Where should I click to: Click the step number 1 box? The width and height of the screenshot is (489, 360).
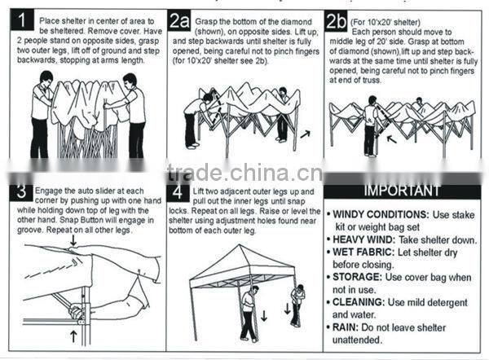[22, 20]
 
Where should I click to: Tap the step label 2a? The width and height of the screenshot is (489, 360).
[179, 21]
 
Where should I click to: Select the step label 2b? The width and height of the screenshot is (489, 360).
[336, 21]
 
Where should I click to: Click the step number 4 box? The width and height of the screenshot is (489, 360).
[178, 192]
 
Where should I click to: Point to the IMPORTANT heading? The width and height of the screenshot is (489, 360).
[403, 191]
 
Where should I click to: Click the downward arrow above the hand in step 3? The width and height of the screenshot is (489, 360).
[73, 240]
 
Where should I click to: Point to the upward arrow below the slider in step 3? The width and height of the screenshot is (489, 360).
[73, 336]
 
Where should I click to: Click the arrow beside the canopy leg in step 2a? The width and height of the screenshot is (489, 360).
[306, 134]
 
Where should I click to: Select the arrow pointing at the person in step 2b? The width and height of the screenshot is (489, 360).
[392, 138]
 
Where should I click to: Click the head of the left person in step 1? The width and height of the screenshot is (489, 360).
[46, 78]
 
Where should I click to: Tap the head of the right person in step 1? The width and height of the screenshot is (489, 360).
[130, 81]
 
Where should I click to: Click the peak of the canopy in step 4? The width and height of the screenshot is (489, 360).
[240, 245]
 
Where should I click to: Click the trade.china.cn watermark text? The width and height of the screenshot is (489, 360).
[245, 173]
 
